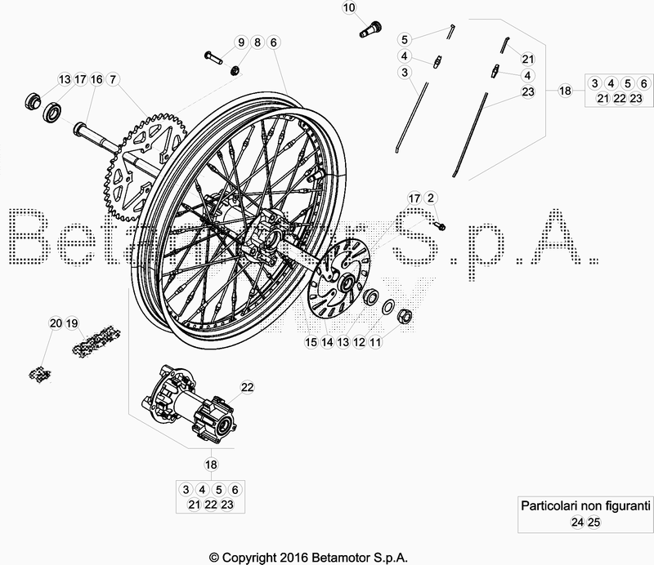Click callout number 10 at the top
pyautogui.click(x=350, y=9)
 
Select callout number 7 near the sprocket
pyautogui.click(x=113, y=79)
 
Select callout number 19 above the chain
pyautogui.click(x=72, y=323)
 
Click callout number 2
pyautogui.click(x=431, y=198)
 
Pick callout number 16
pyautogui.click(x=96, y=79)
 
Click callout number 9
pyautogui.click(x=241, y=42)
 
